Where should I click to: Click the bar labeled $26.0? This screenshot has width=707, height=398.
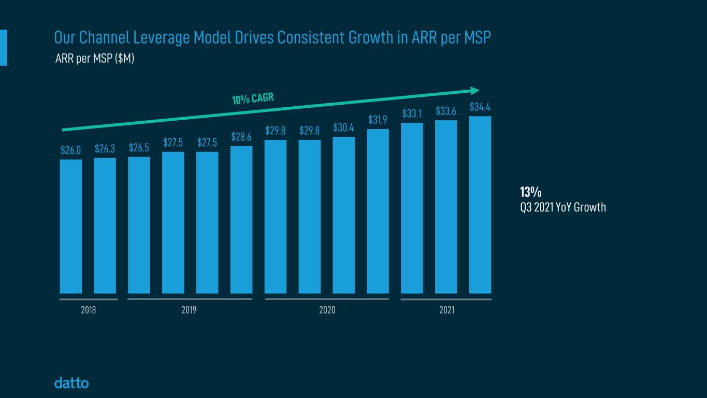[x=71, y=226]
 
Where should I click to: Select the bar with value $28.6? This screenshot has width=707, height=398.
[x=241, y=220]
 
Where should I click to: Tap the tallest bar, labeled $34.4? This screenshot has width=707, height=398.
[x=480, y=205]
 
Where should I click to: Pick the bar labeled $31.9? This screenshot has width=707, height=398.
[x=378, y=211]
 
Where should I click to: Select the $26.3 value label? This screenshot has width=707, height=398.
[x=105, y=149]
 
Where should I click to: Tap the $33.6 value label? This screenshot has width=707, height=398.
[x=446, y=111]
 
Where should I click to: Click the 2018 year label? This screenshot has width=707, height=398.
[x=89, y=310]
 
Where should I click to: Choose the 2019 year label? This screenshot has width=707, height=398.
[x=189, y=310]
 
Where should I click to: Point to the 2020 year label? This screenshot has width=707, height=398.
[x=327, y=310]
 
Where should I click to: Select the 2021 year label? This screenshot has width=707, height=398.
[x=446, y=310]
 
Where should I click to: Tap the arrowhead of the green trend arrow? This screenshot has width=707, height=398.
[x=475, y=91]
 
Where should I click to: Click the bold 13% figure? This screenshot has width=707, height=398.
[x=530, y=192]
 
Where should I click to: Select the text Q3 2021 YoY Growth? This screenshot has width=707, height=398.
[x=562, y=208]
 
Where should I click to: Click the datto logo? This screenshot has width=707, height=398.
[x=71, y=383]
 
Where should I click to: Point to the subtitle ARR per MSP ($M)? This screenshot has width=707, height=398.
[x=95, y=59]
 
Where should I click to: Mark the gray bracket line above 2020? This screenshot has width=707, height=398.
[x=327, y=299]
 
